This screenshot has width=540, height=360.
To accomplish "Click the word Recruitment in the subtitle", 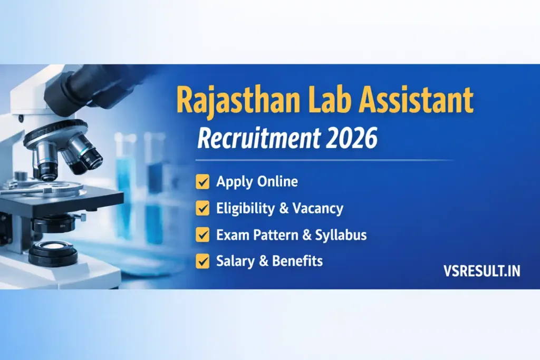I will click(x=256, y=138).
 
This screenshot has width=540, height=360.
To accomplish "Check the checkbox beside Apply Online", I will click(x=202, y=182).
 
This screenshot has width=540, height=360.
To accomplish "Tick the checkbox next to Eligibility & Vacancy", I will click(x=202, y=209).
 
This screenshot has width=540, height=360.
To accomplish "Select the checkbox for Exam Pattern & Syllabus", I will click(x=202, y=235).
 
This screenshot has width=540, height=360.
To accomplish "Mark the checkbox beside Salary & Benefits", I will click(x=202, y=260).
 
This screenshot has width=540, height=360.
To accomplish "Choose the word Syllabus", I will click(x=341, y=235).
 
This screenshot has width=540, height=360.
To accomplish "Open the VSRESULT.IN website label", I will click(x=481, y=271).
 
